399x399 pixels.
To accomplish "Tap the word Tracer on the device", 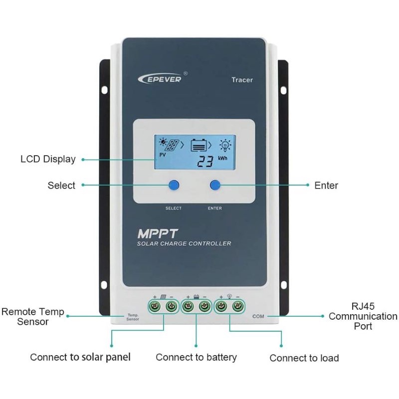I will [x=242, y=80].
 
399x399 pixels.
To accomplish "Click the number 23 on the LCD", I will [x=204, y=161].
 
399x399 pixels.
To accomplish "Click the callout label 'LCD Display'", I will [x=48, y=159].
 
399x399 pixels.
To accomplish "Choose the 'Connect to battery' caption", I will [x=196, y=357].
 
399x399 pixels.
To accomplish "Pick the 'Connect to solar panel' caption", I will [x=80, y=357].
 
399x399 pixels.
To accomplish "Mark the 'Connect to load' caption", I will [x=304, y=358].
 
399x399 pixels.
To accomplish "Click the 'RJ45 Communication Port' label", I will [x=363, y=316].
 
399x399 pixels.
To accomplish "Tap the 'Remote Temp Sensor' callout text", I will [x=33, y=317].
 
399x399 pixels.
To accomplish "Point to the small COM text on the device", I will [x=258, y=316].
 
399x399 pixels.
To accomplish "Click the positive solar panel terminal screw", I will [x=155, y=306].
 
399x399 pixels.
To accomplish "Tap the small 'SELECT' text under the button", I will [x=174, y=208].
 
